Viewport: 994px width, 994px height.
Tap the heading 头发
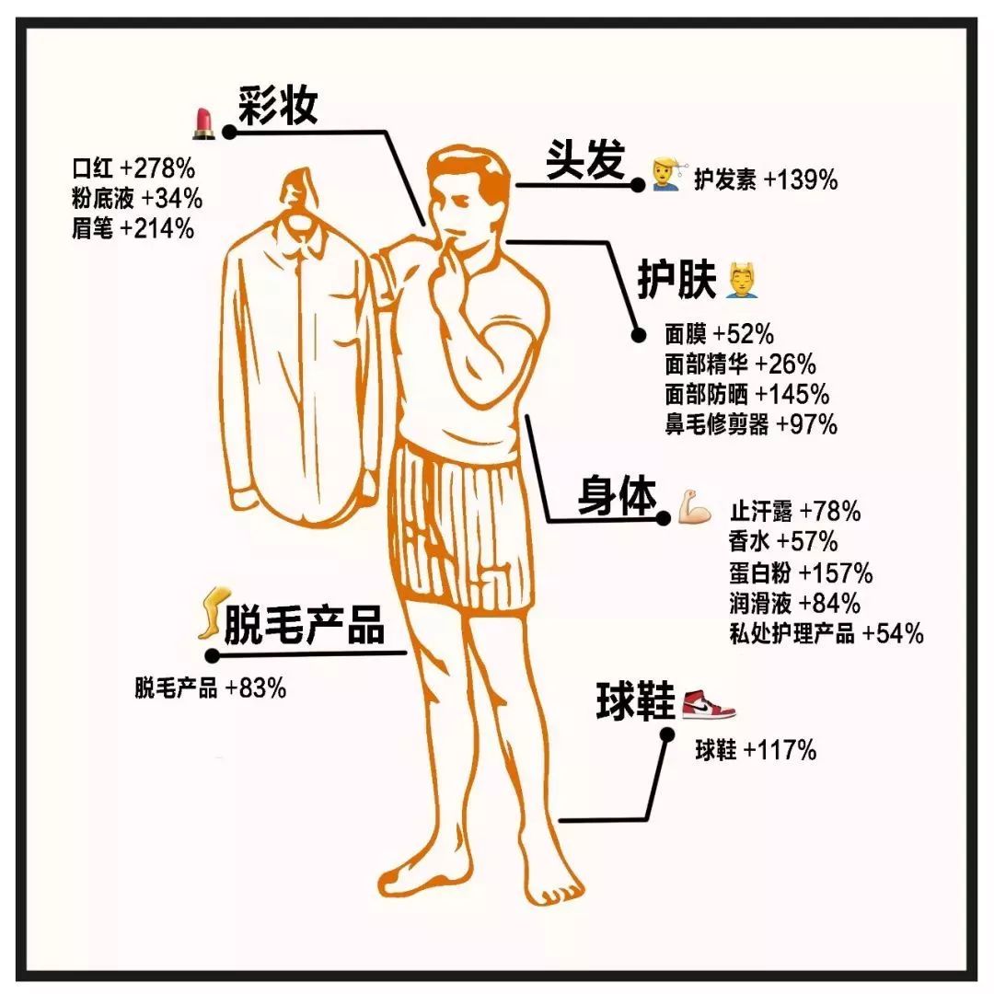(586, 161)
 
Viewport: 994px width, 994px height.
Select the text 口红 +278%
(133, 168)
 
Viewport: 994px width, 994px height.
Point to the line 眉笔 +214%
(133, 229)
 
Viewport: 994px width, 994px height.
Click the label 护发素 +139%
(766, 179)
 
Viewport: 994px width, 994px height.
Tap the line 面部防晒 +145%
(746, 394)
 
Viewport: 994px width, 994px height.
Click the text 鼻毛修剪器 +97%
(751, 424)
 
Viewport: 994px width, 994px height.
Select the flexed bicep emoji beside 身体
(694, 506)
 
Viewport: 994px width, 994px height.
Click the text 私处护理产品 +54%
(826, 633)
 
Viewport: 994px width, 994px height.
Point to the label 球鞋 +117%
(756, 751)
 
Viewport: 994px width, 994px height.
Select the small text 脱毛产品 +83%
(210, 688)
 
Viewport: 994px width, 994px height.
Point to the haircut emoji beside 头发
(665, 173)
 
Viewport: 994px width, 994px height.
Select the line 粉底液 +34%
(136, 199)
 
